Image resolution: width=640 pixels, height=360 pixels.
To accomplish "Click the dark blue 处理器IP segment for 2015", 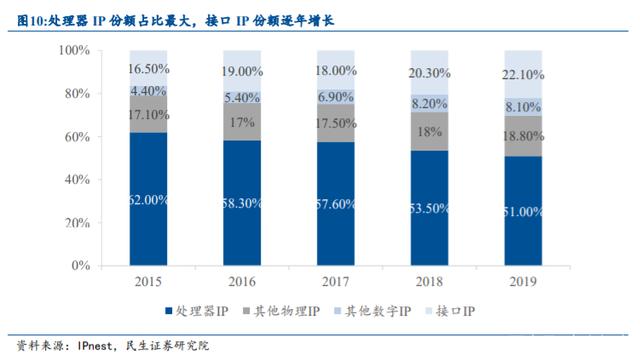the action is coord(148,199).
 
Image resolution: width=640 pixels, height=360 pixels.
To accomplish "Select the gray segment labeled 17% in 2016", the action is coord(242,122).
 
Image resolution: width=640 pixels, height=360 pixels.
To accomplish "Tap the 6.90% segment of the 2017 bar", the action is coord(336,97).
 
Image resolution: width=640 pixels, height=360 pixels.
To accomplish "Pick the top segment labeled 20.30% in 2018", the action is coord(429,73).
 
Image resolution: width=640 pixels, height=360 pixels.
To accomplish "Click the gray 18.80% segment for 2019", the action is coord(523,136).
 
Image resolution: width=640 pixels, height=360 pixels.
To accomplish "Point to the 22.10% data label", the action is coord(523,75).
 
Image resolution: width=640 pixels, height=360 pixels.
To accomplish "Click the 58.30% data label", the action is coord(242,203).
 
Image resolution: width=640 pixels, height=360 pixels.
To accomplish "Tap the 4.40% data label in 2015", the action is coord(148,91).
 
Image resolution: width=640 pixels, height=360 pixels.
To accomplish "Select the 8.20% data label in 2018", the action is coord(429,104).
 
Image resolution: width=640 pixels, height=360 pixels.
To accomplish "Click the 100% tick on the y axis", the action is coord(74,50).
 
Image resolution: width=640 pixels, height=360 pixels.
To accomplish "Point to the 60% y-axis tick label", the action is coord(77,136).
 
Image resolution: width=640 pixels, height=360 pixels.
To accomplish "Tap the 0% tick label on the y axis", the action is coord(81,265).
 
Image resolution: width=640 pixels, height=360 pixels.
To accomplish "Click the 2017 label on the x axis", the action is coord(336,282).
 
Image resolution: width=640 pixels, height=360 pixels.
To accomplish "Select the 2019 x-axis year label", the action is coord(523,282).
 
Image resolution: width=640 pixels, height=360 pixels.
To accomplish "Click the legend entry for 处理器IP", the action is coord(196,311).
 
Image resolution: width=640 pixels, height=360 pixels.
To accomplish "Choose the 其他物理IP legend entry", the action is coord(282,311).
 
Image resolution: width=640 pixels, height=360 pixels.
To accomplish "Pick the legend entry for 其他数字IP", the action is coord(373,311).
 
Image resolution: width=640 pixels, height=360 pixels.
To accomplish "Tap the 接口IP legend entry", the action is coord(450,311).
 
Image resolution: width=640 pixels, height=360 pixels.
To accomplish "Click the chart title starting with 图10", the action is coord(176,20).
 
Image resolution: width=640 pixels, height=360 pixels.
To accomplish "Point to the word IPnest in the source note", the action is coord(95,346).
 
